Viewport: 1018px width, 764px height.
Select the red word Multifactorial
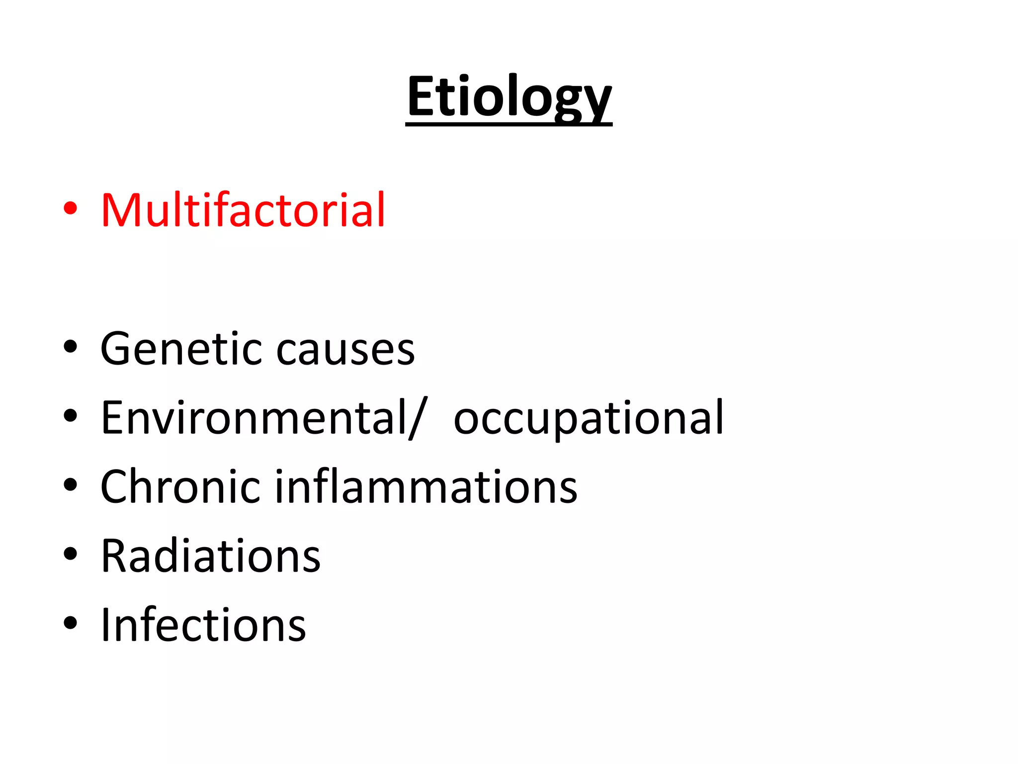tap(243, 210)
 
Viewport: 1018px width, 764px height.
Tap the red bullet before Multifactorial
tap(71, 208)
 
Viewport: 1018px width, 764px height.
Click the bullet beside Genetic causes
tap(71, 347)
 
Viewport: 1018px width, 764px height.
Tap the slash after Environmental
tap(418, 419)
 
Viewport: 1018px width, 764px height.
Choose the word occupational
tap(589, 419)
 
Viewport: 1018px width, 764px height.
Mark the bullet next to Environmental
tap(71, 416)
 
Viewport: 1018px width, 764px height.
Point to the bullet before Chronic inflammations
tap(71, 485)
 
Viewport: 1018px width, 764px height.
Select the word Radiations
tap(211, 556)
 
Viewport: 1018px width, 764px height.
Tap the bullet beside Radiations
tap(71, 554)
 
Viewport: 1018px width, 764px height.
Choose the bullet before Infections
tap(71, 623)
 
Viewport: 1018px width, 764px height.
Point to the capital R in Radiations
tap(115, 556)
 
